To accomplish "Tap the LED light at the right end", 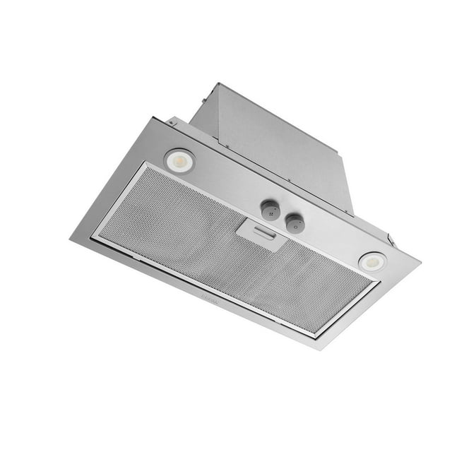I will (372, 261).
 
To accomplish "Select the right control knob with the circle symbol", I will (295, 225).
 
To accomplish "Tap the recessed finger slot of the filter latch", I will (262, 233).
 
